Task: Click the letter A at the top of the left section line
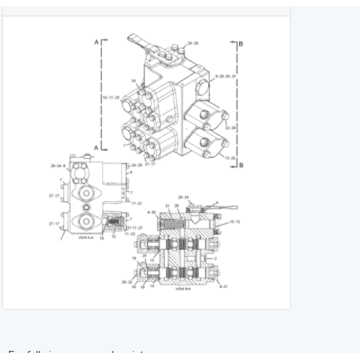tap(96, 43)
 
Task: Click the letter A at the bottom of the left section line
tap(96, 148)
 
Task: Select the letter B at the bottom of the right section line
tap(241, 164)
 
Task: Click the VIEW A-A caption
tap(85, 238)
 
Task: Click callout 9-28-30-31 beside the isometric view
tap(225, 76)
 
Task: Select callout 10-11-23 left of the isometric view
tap(110, 98)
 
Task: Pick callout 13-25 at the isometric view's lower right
tap(229, 157)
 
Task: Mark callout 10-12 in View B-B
tap(235, 222)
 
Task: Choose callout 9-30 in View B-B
tap(151, 212)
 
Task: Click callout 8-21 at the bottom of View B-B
tap(222, 286)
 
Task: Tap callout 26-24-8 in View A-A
tap(59, 167)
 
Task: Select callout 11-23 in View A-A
tap(130, 233)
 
